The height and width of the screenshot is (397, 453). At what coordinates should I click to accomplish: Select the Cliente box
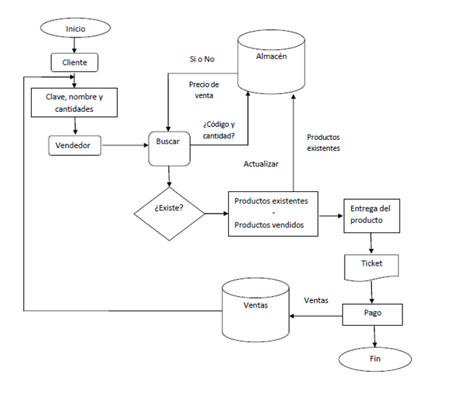click(74, 63)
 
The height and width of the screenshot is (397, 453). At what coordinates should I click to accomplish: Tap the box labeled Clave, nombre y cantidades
click(74, 102)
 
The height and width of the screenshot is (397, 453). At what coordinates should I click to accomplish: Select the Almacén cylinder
click(272, 64)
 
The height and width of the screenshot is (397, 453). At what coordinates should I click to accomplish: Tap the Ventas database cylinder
click(256, 311)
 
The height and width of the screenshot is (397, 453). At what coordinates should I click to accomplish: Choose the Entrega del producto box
click(371, 214)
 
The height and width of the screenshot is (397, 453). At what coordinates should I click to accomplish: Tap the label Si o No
click(203, 58)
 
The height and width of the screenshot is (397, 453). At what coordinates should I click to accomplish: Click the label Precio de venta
click(204, 90)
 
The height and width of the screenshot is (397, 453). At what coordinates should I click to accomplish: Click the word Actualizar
click(261, 165)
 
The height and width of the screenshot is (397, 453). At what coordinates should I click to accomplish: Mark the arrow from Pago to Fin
click(374, 336)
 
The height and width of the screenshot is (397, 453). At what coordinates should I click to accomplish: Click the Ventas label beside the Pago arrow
click(316, 300)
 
